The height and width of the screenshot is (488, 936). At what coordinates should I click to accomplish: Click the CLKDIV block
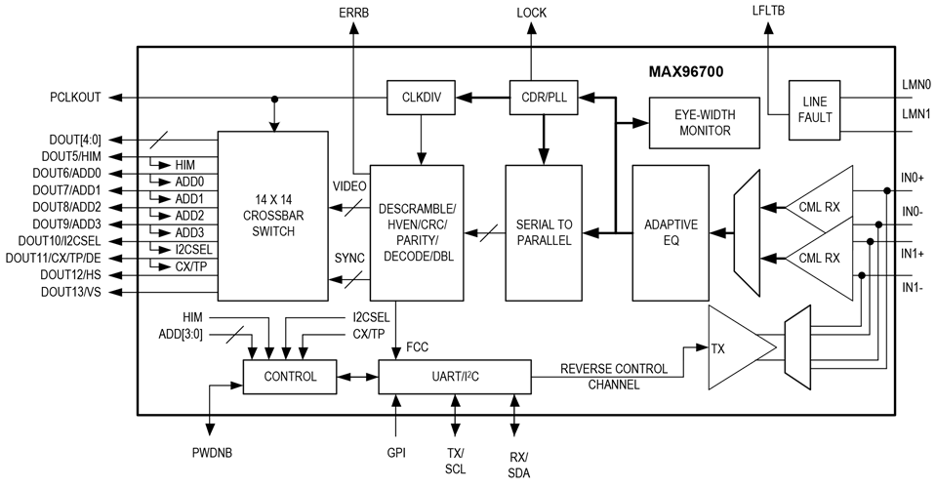pos(422,97)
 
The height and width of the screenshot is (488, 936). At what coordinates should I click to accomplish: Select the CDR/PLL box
pos(544,97)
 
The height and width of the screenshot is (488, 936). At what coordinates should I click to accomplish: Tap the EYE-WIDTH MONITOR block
pos(705,123)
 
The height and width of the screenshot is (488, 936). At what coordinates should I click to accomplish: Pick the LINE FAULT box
pos(814,110)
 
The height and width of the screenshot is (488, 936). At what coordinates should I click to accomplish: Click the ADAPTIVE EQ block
pos(671,232)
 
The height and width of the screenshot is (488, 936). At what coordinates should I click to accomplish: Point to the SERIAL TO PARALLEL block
pos(544,232)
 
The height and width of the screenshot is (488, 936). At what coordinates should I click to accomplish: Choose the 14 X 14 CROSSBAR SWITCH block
pos(273,216)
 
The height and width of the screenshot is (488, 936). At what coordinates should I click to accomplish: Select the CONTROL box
pos(290,377)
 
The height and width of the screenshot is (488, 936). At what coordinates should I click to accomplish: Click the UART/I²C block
pos(455,377)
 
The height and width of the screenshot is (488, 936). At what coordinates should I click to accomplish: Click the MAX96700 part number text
pos(686,72)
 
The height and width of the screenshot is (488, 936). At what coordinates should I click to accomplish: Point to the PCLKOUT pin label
pos(75,98)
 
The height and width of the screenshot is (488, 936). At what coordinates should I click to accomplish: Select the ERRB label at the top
pos(353,13)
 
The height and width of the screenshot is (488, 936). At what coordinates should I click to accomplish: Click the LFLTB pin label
pos(768,10)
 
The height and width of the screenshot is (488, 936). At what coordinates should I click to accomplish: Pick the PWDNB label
pos(212,453)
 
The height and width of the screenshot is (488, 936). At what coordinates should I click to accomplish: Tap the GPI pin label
pos(395,453)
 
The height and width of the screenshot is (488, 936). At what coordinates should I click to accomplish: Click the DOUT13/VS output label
pos(71,292)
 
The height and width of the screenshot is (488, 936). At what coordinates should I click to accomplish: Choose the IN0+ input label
pos(913,178)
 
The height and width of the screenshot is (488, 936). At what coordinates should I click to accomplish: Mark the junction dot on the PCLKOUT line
pos(274,99)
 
